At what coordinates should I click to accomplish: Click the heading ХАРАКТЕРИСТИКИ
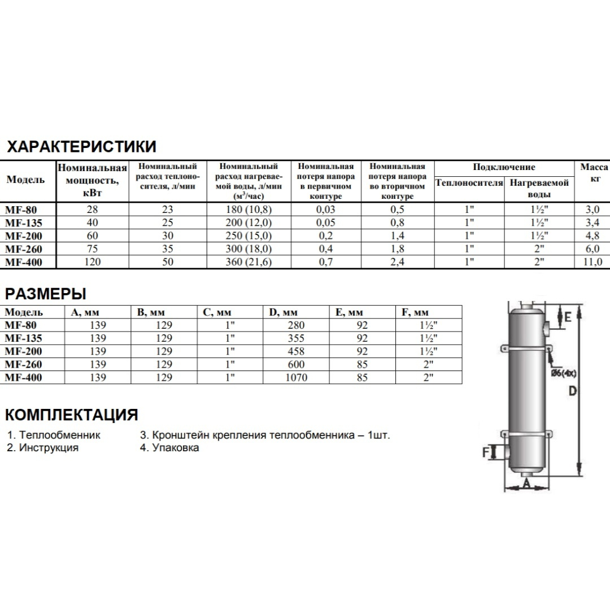(81, 147)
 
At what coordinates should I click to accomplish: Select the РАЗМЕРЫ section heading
(46, 294)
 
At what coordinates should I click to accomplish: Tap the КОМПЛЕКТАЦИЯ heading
(72, 415)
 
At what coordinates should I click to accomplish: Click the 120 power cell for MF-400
(92, 262)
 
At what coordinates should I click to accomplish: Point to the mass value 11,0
(592, 262)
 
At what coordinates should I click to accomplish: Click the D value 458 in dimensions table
(296, 351)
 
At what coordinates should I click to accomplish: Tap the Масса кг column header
(594, 173)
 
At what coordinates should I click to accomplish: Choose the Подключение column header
(504, 167)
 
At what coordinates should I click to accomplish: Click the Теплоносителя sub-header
(469, 183)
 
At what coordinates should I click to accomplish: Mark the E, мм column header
(349, 312)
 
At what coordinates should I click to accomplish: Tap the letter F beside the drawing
(486, 452)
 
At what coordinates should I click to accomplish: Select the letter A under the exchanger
(526, 484)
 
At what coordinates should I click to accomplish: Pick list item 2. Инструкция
(43, 448)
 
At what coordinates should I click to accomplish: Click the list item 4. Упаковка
(169, 448)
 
